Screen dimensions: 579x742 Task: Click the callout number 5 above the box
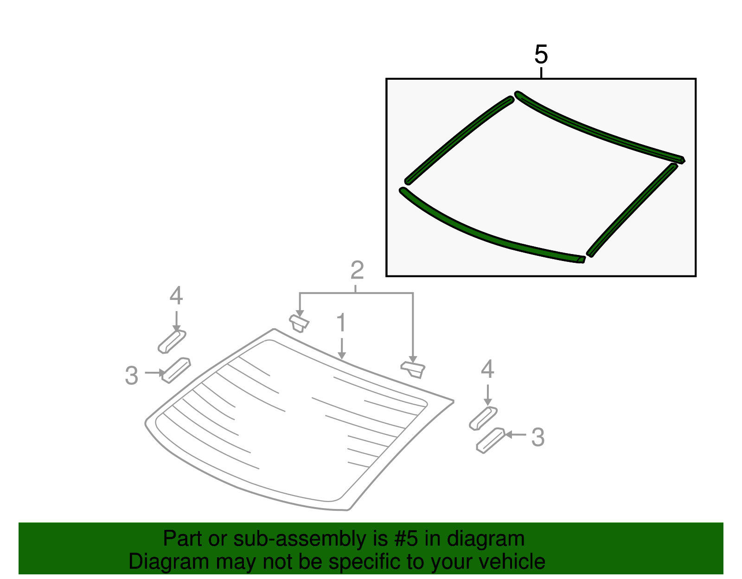click(541, 55)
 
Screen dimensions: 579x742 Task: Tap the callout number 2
click(357, 270)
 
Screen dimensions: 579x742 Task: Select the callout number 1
click(341, 323)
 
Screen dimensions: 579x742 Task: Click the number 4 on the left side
click(176, 296)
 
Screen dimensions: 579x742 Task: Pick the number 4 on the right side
click(487, 369)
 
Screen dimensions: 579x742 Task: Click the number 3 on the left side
click(132, 375)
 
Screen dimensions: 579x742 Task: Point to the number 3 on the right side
click(538, 437)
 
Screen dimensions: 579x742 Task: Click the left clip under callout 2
click(299, 323)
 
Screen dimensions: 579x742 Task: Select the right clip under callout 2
click(413, 369)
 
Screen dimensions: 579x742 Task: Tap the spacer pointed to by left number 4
click(172, 342)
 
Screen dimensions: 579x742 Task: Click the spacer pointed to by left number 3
click(176, 370)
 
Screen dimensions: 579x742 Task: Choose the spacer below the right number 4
click(483, 418)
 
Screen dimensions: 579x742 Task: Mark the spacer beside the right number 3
click(490, 440)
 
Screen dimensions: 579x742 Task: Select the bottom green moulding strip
click(487, 234)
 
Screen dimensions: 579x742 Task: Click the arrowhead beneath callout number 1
click(342, 356)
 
